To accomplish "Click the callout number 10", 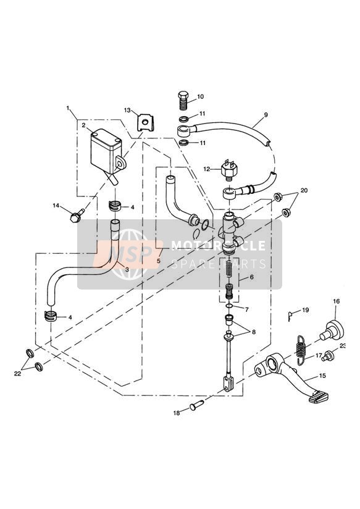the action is [200, 96].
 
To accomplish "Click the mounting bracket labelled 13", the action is [145, 123].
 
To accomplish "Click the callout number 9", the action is [266, 115].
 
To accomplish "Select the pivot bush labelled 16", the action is [332, 330].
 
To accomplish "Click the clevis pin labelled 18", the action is [197, 405].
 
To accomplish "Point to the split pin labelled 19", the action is [290, 316].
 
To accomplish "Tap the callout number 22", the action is [17, 374].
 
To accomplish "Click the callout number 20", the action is [304, 190].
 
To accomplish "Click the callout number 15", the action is [322, 376].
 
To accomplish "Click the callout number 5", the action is [159, 260].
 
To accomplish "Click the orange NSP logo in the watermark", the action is [127, 254].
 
